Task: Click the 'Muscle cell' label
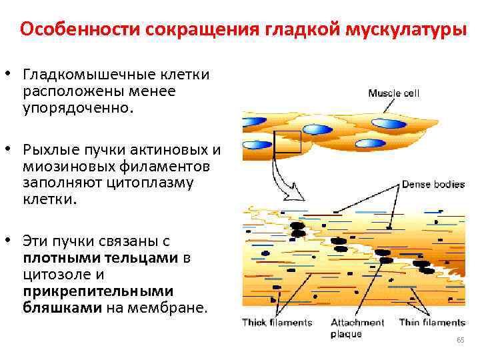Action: coord(393,93)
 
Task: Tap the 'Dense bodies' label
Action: coord(433,185)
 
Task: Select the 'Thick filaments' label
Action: coord(277,323)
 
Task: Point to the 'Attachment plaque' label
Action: coord(357,328)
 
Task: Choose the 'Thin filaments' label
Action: coord(431,323)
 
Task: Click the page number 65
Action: coord(460,341)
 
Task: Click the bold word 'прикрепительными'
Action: coord(98,291)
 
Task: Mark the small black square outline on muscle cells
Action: coord(288,141)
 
